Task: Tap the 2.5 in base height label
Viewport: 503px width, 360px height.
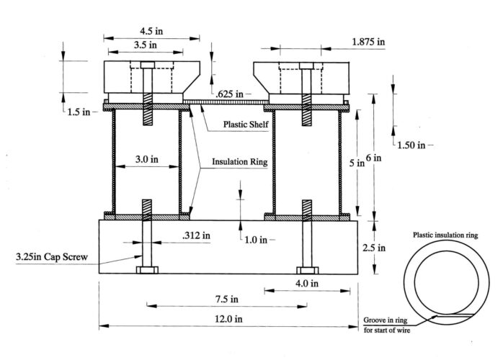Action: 390,247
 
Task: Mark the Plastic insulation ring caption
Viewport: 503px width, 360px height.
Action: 445,235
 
